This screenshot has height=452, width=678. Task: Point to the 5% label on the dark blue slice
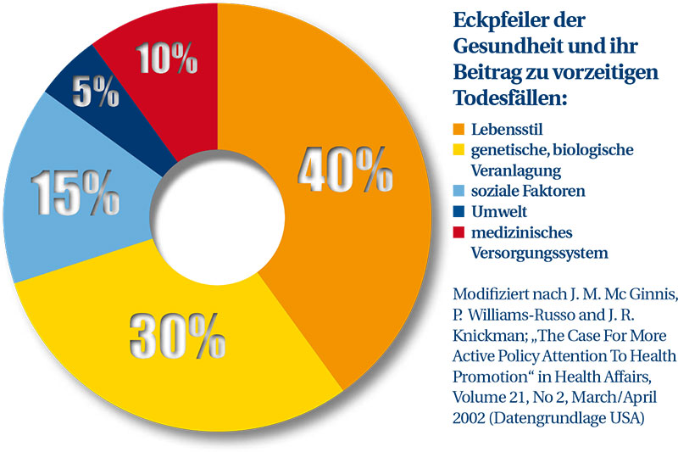[x=96, y=92]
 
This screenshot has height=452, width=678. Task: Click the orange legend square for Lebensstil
[x=458, y=130]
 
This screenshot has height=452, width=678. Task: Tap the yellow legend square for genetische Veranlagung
[x=458, y=151]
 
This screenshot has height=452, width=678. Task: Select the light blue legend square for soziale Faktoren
[x=458, y=192]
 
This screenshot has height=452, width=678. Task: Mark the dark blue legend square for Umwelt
[x=458, y=212]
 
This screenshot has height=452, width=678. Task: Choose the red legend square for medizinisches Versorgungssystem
[x=458, y=232]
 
